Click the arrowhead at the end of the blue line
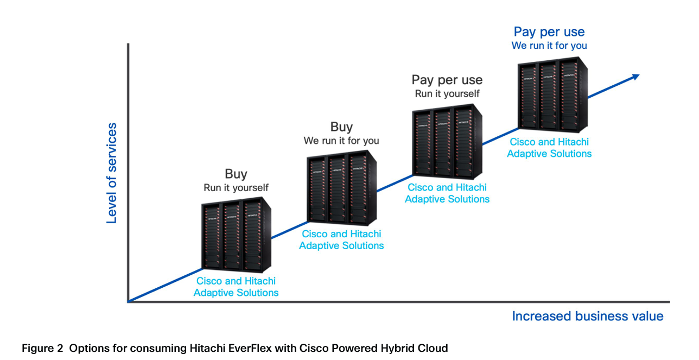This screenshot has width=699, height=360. pyautogui.click(x=635, y=77)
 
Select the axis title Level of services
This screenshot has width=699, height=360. pyautogui.click(x=112, y=173)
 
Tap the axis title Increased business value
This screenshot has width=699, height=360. pyautogui.click(x=587, y=316)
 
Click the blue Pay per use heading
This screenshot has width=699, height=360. pyautogui.click(x=549, y=32)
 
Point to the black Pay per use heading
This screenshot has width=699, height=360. pyautogui.click(x=447, y=80)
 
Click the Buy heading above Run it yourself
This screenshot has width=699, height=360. pyautogui.click(x=236, y=174)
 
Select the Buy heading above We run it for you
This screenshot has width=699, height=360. pyautogui.click(x=341, y=127)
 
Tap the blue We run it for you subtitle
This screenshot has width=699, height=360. pyautogui.click(x=549, y=46)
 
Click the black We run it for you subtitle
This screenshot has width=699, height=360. pyautogui.click(x=341, y=141)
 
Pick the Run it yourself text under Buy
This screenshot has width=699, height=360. pyautogui.click(x=236, y=188)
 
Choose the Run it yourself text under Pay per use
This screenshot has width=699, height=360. pyautogui.click(x=447, y=94)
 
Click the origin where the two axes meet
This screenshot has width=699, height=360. pyautogui.click(x=128, y=301)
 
